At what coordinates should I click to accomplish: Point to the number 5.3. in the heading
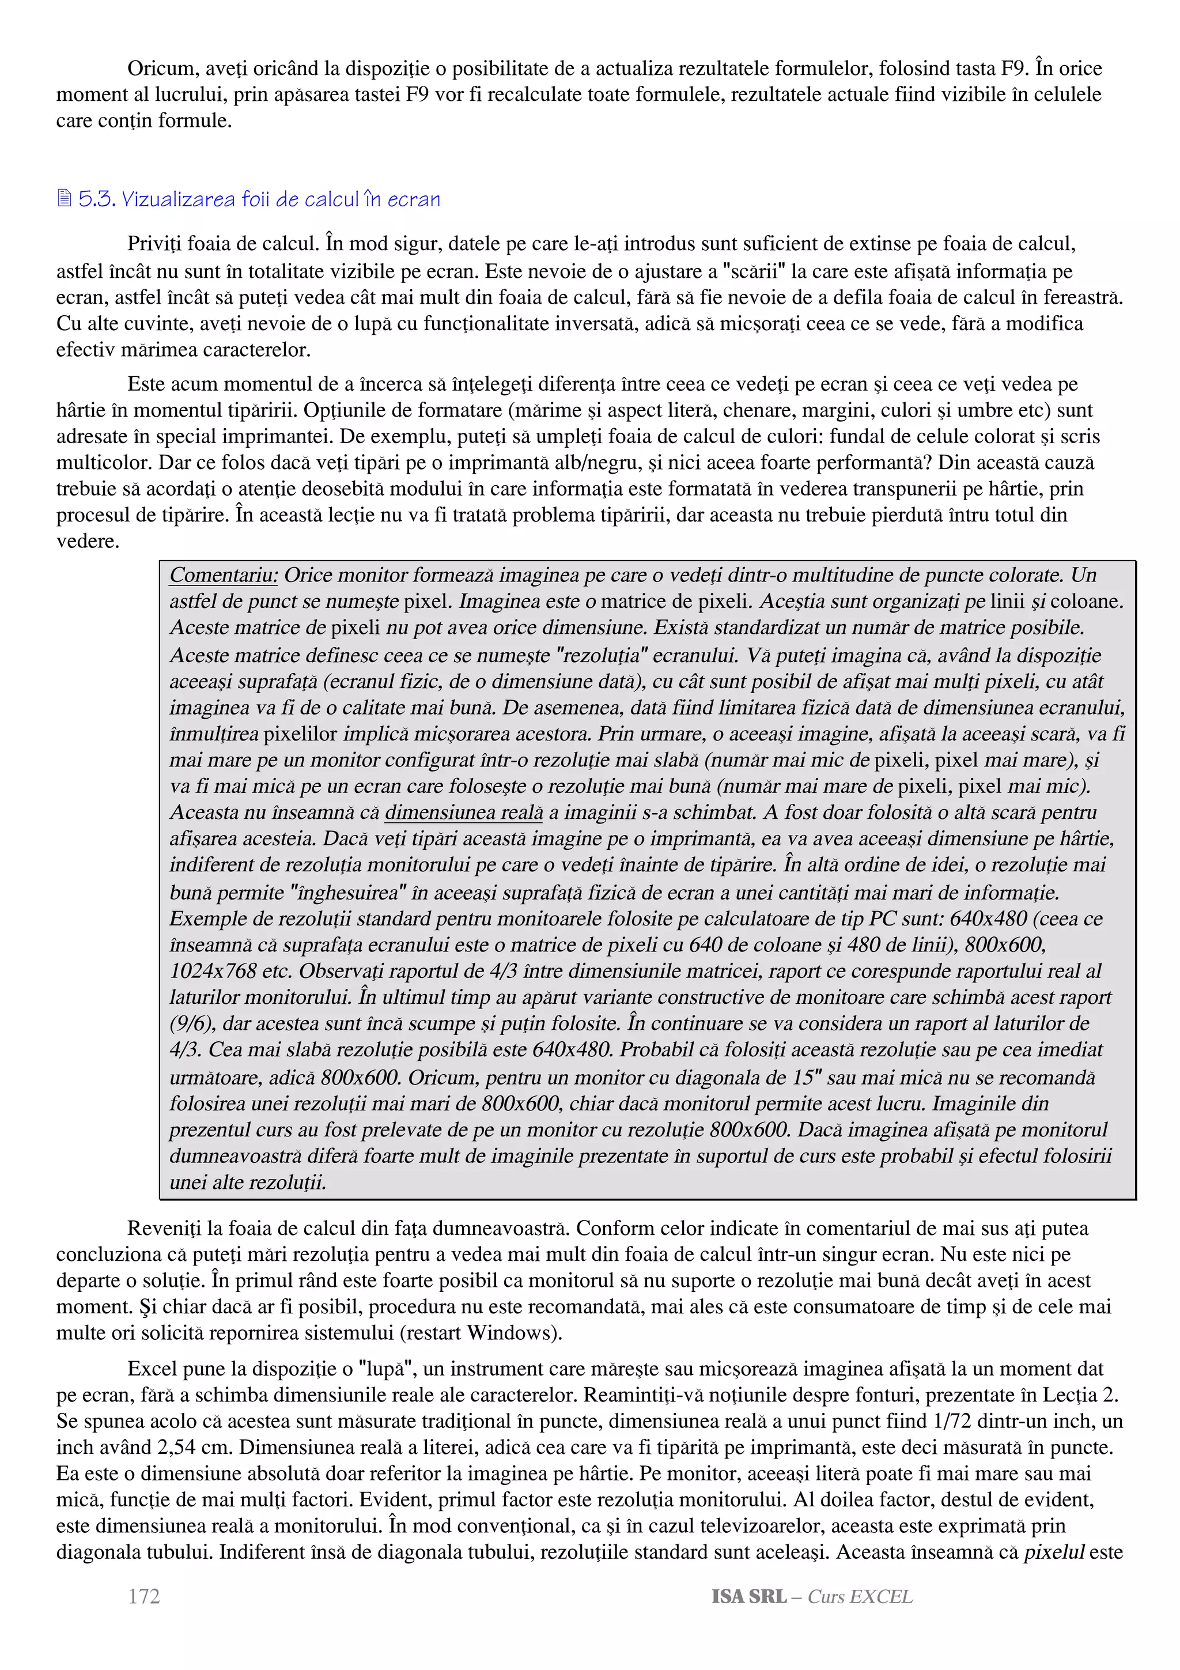pyautogui.click(x=97, y=199)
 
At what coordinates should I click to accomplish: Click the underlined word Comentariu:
pyautogui.click(x=223, y=575)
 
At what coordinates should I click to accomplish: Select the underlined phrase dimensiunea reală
pyautogui.click(x=464, y=813)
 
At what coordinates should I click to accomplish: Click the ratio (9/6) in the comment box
pyautogui.click(x=192, y=1023)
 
